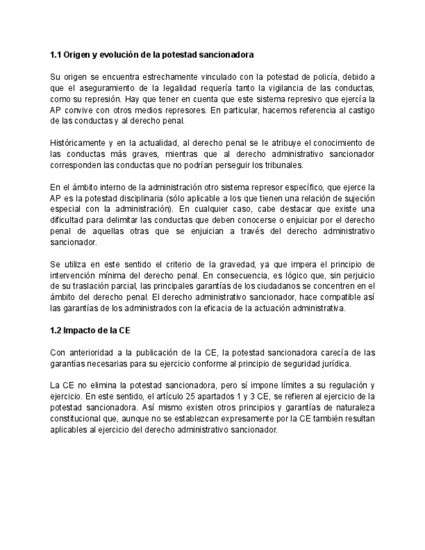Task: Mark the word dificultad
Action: pyautogui.click(x=69, y=220)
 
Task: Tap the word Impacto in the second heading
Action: pyautogui.click(x=83, y=330)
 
